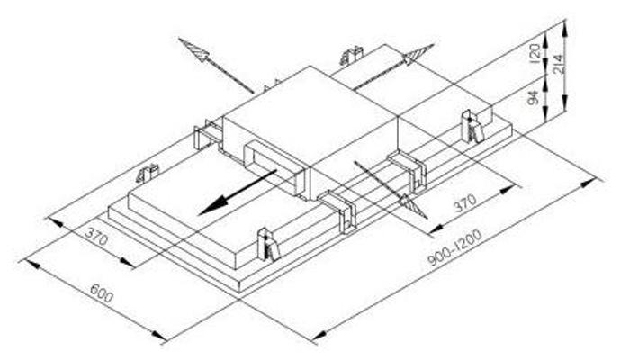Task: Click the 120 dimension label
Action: (x=535, y=53)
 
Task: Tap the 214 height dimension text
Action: (x=558, y=64)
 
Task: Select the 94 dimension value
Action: (x=534, y=98)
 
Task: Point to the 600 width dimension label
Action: (x=102, y=293)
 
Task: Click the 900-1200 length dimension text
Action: (x=455, y=247)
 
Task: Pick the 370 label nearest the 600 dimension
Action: (x=96, y=236)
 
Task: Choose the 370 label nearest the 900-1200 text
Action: (x=465, y=202)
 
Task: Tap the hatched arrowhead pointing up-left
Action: (x=193, y=49)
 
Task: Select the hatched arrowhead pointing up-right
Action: (x=418, y=54)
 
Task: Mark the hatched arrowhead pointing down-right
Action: (x=413, y=206)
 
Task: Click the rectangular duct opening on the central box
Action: (x=274, y=167)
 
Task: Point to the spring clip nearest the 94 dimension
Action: (x=472, y=126)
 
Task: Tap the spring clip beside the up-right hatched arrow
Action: (x=351, y=56)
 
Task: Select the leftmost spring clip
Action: (x=148, y=173)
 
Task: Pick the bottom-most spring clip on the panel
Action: (x=268, y=245)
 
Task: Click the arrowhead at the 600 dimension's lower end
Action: (x=159, y=337)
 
